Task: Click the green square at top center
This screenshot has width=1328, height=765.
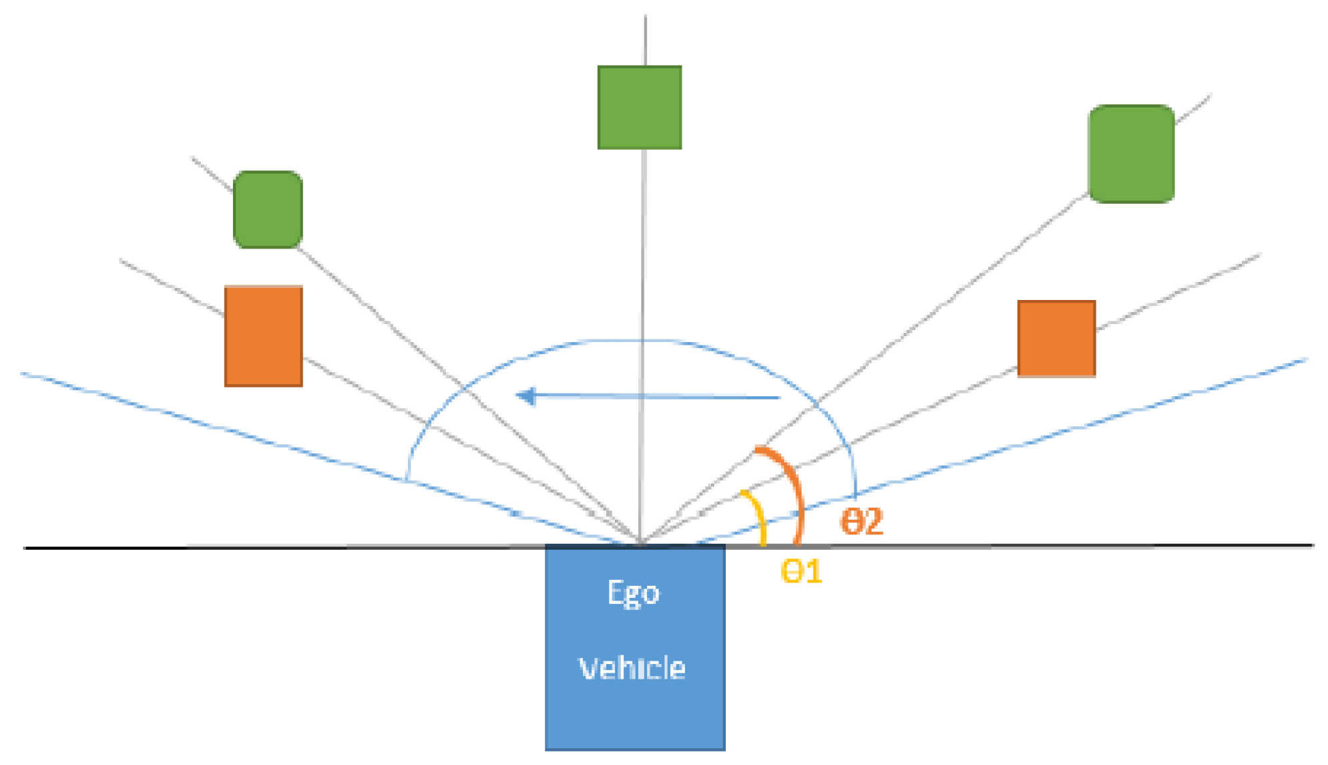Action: point(639,107)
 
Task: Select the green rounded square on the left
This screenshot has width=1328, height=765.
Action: point(267,209)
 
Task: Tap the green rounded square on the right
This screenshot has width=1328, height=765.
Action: point(1131,154)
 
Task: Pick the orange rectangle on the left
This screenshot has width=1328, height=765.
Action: point(263,336)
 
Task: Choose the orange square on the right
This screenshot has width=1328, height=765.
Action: point(1056,339)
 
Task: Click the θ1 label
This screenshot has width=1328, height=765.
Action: point(801,572)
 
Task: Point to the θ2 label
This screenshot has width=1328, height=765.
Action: point(862,521)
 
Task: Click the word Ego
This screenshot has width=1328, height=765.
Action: point(634,593)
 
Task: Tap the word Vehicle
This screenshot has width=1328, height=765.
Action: point(632,668)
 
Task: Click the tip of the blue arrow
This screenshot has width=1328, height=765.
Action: point(518,396)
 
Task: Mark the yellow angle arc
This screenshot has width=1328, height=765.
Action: point(758,514)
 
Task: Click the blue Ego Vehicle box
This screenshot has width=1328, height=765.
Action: point(635,708)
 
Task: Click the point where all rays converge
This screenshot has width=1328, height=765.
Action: point(641,545)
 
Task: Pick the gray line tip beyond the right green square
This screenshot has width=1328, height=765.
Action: point(1208,98)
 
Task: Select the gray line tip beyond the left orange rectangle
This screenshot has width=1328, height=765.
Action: point(122,261)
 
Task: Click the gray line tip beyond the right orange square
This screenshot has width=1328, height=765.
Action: point(1258,255)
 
